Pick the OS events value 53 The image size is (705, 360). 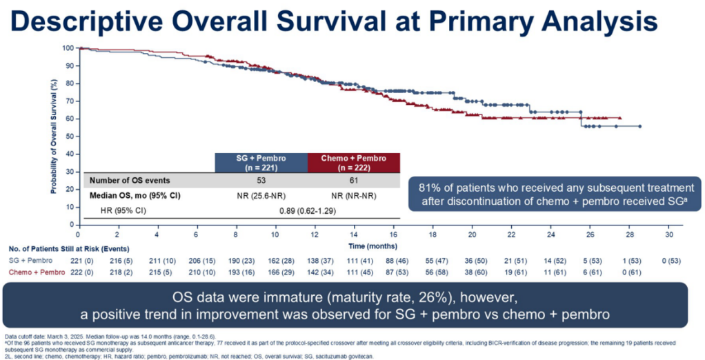point(261,181)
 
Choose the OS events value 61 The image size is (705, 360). point(354,181)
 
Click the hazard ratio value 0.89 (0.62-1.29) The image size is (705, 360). point(308,210)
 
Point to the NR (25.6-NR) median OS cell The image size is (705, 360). point(261,196)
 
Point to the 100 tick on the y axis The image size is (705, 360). point(67,48)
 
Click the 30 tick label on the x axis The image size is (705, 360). point(668,234)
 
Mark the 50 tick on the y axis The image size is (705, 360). point(69,137)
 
